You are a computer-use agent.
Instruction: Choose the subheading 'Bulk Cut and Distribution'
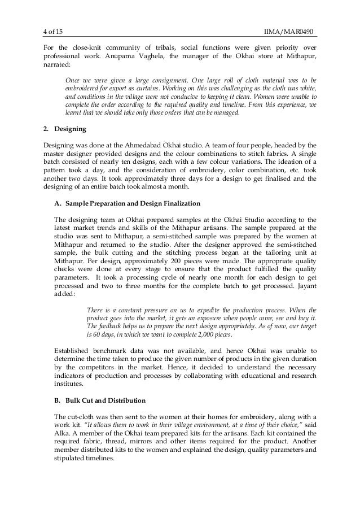click(105, 400)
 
